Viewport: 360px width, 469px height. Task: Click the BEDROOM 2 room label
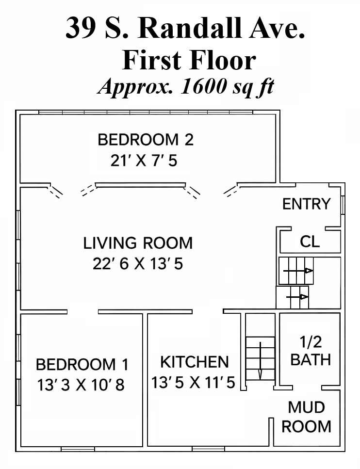pyautogui.click(x=146, y=140)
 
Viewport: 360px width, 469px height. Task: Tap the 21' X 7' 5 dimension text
pyautogui.click(x=144, y=161)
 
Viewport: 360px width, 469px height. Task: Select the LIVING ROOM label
pyautogui.click(x=138, y=243)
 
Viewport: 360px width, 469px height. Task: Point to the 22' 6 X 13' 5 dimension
pyautogui.click(x=138, y=264)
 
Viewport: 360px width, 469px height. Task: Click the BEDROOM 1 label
pyautogui.click(x=82, y=365)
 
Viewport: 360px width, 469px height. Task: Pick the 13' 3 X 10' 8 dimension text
pyautogui.click(x=81, y=385)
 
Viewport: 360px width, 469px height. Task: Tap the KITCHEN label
pyautogui.click(x=195, y=362)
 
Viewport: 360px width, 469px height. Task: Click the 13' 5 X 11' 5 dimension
pyautogui.click(x=193, y=383)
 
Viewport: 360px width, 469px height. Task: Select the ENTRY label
pyautogui.click(x=307, y=204)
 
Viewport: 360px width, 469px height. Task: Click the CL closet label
pyautogui.click(x=310, y=242)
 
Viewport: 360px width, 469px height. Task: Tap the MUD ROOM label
pyautogui.click(x=307, y=417)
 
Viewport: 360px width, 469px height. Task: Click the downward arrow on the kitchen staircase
pyautogui.click(x=260, y=360)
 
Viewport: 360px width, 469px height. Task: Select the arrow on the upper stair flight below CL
pyautogui.click(x=298, y=271)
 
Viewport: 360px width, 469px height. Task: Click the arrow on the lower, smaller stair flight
pyautogui.click(x=297, y=297)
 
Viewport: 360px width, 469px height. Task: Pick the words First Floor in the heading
pyautogui.click(x=189, y=60)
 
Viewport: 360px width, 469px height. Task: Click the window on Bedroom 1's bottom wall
pyautogui.click(x=78, y=449)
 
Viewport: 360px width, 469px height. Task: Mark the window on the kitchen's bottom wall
pyautogui.click(x=208, y=449)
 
